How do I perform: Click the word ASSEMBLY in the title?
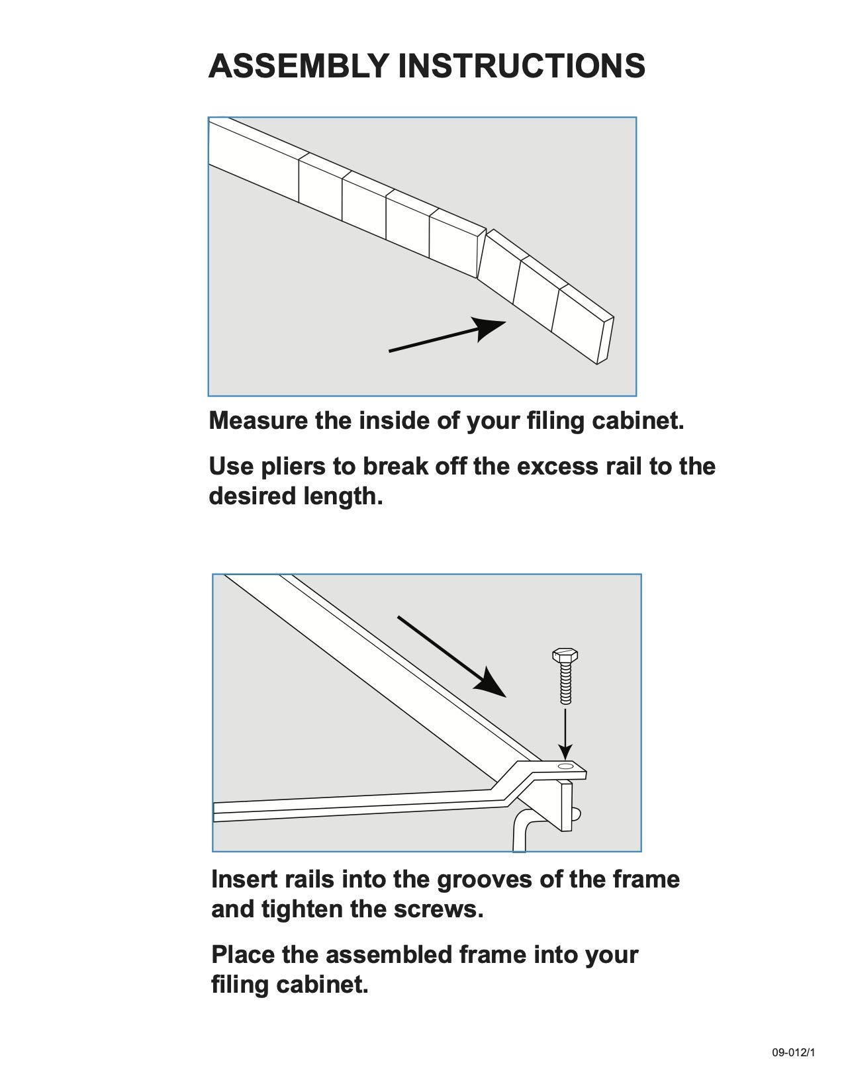click(x=299, y=66)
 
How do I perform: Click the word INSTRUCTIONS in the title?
click(x=522, y=66)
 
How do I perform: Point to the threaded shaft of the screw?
click(x=565, y=685)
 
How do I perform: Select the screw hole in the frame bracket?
click(x=566, y=766)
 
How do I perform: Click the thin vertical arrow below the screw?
click(x=565, y=733)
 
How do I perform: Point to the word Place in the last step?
click(x=243, y=955)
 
